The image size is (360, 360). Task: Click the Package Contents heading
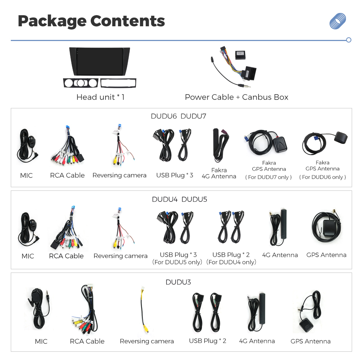tap(91, 21)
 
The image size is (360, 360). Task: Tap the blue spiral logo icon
tap(338, 21)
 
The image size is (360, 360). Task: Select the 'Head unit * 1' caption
tap(100, 97)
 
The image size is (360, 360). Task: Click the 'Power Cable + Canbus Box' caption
tap(237, 97)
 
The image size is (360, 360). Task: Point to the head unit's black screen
tap(99, 61)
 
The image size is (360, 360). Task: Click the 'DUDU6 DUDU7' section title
tap(179, 116)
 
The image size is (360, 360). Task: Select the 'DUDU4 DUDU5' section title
tap(179, 199)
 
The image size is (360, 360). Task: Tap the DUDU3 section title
tap(178, 282)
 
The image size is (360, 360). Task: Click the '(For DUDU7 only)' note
tap(269, 177)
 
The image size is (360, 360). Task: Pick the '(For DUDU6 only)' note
tap(322, 177)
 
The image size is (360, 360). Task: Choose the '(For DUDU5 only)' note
tap(177, 262)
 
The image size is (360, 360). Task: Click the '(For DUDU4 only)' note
tap(231, 262)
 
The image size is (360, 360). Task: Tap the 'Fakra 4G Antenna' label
tap(219, 174)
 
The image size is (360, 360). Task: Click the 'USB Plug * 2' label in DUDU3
tap(208, 341)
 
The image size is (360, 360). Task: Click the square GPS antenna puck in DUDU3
tap(306, 325)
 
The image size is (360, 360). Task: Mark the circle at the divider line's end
tap(349, 40)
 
